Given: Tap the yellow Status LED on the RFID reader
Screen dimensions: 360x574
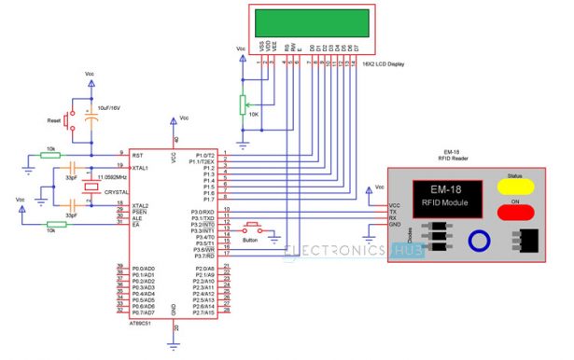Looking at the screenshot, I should pos(514,186).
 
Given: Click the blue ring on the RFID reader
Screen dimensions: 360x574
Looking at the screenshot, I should pos(480,241).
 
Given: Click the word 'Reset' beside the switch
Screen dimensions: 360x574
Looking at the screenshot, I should pos(53,121).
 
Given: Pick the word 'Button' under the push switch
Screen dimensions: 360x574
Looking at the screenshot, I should pos(249,239).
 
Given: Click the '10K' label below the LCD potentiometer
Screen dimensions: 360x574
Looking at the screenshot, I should pos(255,113).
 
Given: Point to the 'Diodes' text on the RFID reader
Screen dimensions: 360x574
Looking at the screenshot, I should pos(409,237).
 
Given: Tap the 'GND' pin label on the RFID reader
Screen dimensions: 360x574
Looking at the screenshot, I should pos(395,226).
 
